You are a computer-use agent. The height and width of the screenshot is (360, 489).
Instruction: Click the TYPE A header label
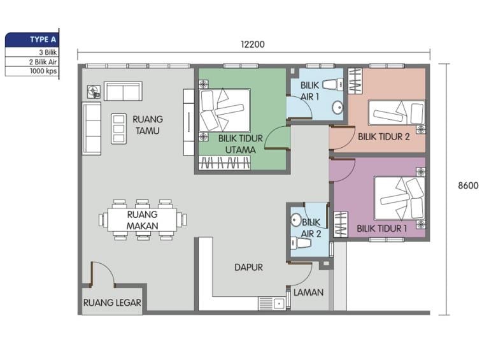pos(43,40)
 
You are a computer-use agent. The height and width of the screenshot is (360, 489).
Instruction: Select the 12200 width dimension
pos(253,45)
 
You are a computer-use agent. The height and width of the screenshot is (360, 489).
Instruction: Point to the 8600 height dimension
pos(468,185)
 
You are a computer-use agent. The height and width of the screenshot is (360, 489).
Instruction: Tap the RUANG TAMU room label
pos(148,125)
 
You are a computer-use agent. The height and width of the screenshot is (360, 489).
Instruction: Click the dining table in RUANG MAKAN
pos(142,220)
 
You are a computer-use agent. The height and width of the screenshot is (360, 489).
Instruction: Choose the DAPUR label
pos(248,267)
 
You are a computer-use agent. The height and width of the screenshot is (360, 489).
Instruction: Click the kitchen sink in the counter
pos(272,303)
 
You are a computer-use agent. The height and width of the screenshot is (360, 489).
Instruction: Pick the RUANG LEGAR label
pos(112,303)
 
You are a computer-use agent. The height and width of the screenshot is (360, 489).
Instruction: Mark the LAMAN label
pos(308,292)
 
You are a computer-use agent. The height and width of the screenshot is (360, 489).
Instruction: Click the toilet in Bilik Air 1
pos(333,84)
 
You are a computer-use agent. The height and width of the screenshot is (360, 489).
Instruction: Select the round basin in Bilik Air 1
pos(337,108)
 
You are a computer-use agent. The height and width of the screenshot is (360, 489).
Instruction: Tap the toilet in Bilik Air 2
pos(300,243)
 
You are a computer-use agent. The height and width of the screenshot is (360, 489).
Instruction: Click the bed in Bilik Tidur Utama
pos(225,110)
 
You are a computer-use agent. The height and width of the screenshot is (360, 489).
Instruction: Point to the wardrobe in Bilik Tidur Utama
pos(225,163)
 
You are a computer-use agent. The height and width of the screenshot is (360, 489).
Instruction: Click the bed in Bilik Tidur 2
pos(397,113)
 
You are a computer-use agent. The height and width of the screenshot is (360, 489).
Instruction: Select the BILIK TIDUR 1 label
pos(382,228)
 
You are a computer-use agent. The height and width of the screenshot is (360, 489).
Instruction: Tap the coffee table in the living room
pos(119,129)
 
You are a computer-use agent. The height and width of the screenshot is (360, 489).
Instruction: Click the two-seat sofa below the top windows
pos(123,91)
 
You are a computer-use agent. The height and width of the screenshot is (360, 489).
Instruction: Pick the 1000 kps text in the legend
pos(43,71)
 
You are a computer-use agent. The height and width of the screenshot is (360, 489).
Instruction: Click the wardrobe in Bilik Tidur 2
pos(355,80)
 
